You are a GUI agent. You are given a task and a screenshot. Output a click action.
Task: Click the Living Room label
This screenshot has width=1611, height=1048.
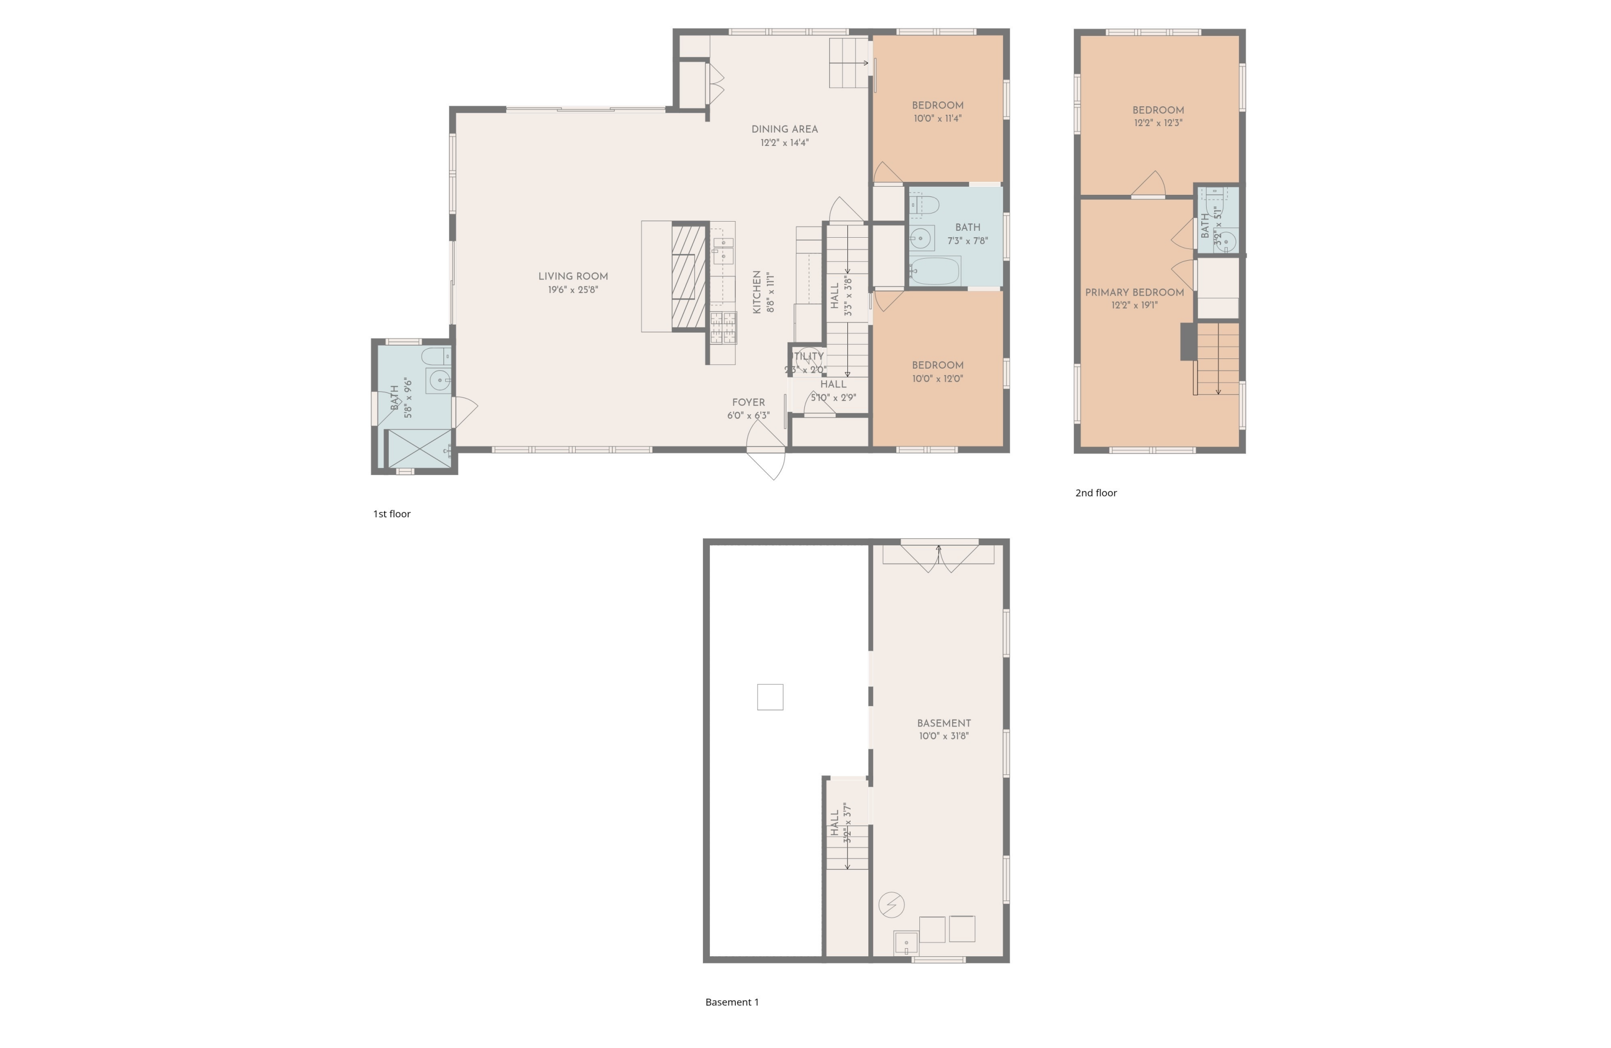[572, 276]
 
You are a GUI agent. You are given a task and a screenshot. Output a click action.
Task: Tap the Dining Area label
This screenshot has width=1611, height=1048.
[785, 129]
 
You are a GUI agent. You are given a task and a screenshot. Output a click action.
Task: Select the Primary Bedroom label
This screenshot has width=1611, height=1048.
[1135, 292]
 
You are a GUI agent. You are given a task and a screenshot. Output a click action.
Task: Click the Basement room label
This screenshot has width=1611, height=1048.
[944, 723]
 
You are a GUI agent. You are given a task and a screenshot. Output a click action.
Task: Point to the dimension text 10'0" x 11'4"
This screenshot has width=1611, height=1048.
[938, 119]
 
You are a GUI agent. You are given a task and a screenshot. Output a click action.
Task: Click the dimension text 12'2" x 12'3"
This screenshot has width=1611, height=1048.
[1158, 123]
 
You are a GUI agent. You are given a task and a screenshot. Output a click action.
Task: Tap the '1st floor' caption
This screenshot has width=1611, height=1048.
[392, 514]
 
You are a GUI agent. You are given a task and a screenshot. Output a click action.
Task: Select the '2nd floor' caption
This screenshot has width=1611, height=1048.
[1096, 493]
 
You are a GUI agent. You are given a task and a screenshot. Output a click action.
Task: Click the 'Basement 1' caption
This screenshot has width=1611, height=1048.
[732, 1002]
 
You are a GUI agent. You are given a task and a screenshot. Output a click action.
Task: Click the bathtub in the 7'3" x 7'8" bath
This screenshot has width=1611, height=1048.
[935, 272]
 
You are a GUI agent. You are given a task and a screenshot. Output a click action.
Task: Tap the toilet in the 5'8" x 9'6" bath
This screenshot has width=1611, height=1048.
[436, 355]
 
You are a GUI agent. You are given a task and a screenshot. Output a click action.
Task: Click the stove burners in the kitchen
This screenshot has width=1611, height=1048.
[723, 327]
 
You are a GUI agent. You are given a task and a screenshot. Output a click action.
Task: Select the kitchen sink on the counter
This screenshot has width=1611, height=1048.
[723, 250]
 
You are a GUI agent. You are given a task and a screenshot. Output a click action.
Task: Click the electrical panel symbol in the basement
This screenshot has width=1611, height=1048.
[891, 905]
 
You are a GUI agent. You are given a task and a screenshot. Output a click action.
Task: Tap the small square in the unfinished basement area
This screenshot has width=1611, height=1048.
[770, 697]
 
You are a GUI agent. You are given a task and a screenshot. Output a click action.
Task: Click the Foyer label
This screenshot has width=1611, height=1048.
[748, 402]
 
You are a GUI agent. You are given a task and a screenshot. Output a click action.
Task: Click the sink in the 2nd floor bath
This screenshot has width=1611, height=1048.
[1226, 241]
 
